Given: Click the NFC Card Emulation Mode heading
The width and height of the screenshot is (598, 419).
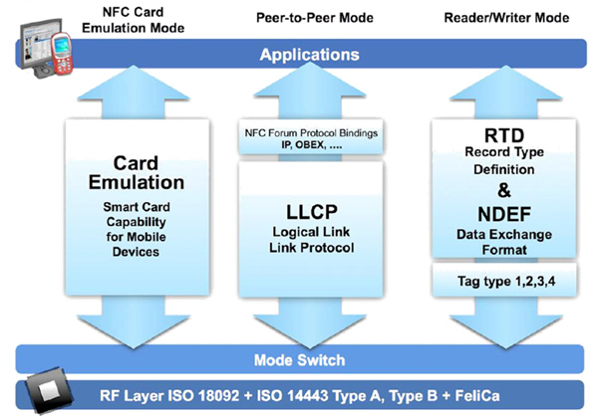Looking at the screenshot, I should [149, 19].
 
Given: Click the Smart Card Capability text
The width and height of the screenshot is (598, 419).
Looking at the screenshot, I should [149, 217].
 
